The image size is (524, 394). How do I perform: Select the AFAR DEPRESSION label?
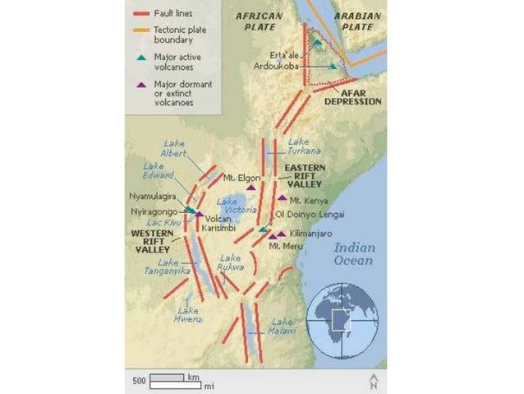pyautogui.click(x=354, y=97)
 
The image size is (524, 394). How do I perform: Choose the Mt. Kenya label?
pyautogui.click(x=309, y=199)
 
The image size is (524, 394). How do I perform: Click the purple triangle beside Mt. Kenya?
pyautogui.click(x=282, y=198)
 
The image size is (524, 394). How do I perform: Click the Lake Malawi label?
pyautogui.click(x=283, y=327)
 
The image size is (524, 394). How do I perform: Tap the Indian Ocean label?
pyautogui.click(x=353, y=253)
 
